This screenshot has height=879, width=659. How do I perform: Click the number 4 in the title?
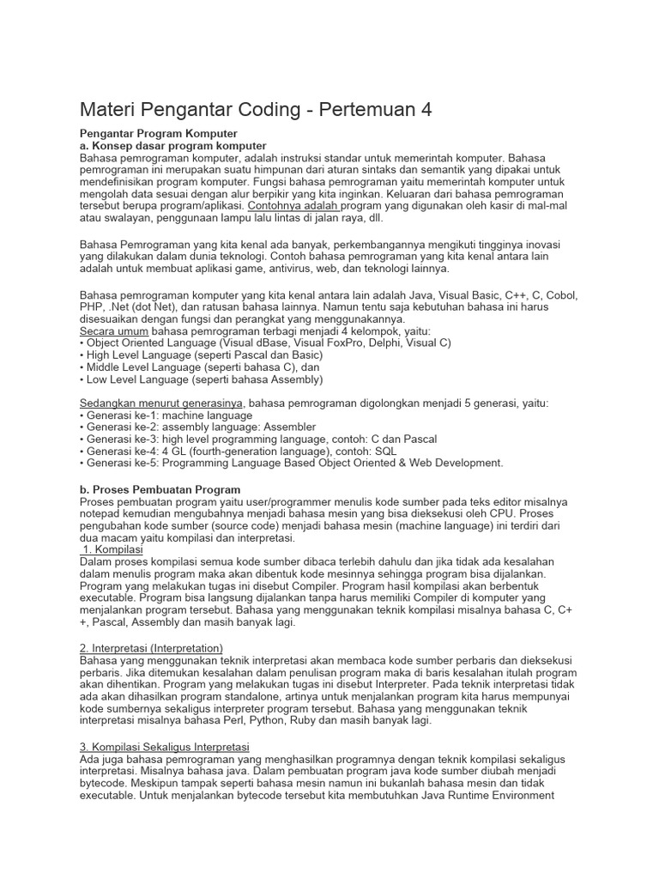(x=425, y=110)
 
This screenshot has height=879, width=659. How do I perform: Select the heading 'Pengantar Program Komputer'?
(x=158, y=134)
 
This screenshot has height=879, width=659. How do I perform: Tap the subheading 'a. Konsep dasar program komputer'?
(x=173, y=146)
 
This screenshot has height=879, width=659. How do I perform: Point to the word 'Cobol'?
(x=561, y=294)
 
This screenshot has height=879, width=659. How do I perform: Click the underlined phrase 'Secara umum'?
(x=114, y=330)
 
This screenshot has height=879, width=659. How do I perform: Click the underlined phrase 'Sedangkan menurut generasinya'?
(x=162, y=403)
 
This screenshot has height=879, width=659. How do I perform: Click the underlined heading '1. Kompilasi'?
(x=113, y=549)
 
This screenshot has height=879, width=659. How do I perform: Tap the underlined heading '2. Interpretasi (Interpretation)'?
(x=151, y=647)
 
